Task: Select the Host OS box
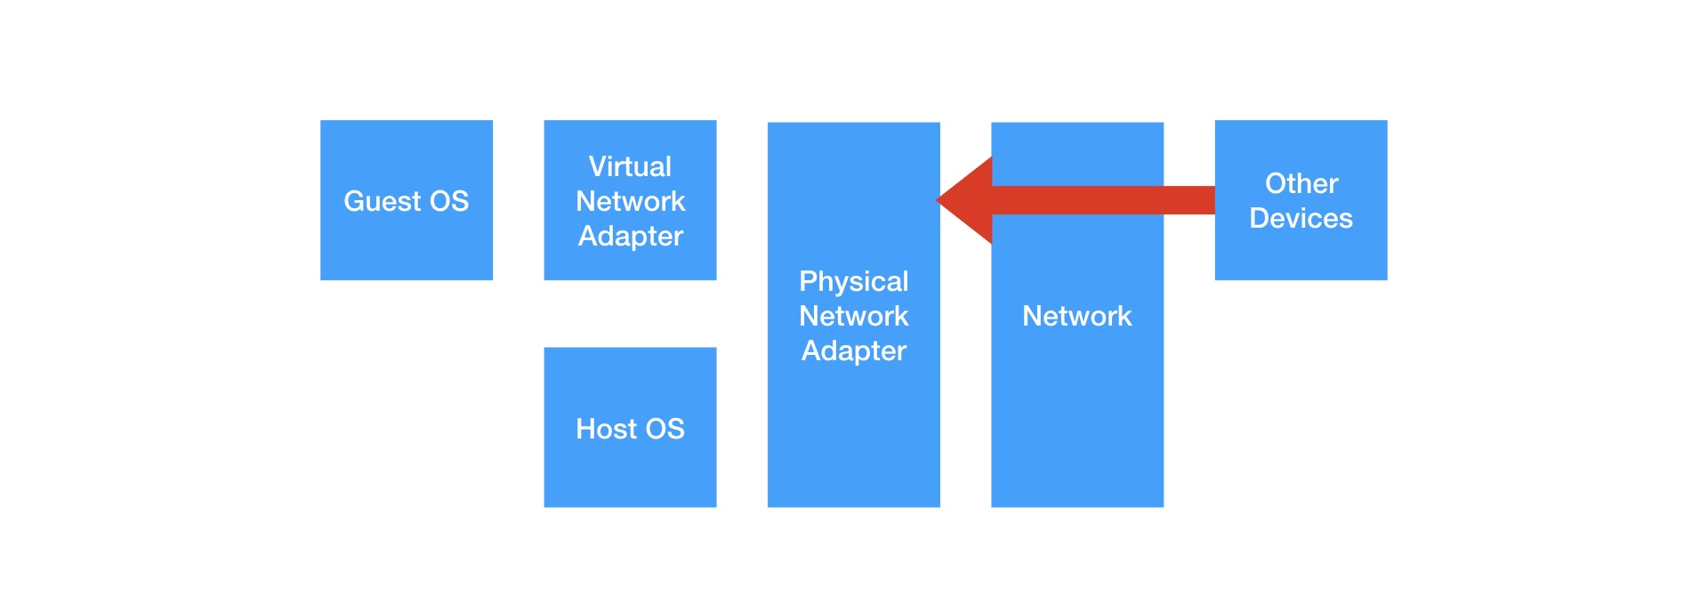pyautogui.click(x=630, y=471)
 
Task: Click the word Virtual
pyautogui.click(x=630, y=166)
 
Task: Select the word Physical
pyautogui.click(x=853, y=281)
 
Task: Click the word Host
pyautogui.click(x=606, y=429)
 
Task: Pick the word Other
pyautogui.click(x=1301, y=183)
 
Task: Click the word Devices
pyautogui.click(x=1301, y=218)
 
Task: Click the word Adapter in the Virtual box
pyautogui.click(x=630, y=236)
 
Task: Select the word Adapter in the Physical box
pyautogui.click(x=853, y=350)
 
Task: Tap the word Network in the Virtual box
pyautogui.click(x=630, y=201)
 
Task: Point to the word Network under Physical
pyautogui.click(x=853, y=316)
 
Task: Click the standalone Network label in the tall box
pyautogui.click(x=1076, y=316)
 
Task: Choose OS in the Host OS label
pyautogui.click(x=665, y=429)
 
